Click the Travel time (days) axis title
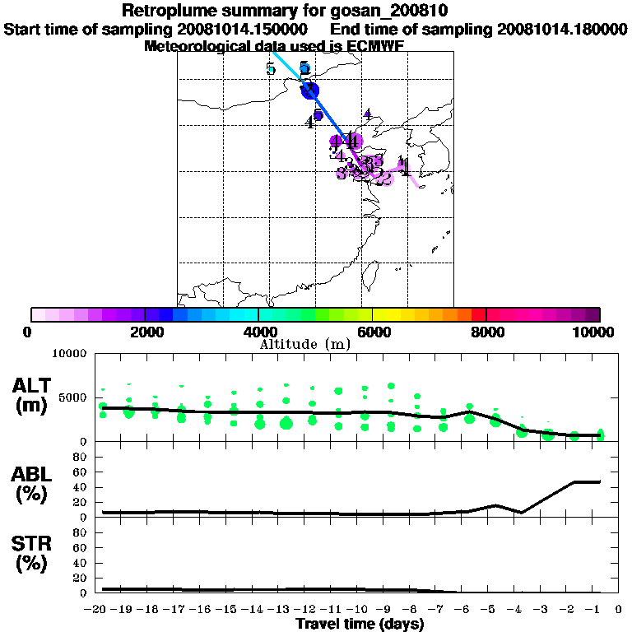[360, 625]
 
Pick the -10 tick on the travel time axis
[359, 610]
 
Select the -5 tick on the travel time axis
[491, 610]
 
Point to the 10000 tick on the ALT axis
[69, 354]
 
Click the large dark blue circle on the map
[309, 91]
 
